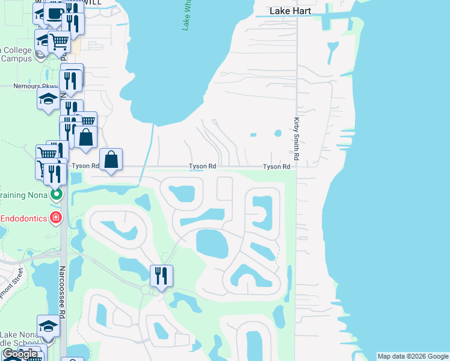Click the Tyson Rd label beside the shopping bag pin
tap(85, 165)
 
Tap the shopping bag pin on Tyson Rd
tap(111, 160)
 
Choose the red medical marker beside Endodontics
tap(56, 217)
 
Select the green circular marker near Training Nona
tap(56, 194)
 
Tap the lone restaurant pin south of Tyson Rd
tap(161, 276)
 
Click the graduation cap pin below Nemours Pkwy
tap(48, 100)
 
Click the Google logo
tap(20, 354)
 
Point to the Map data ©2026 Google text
tap(413, 356)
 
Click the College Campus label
tap(18, 54)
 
